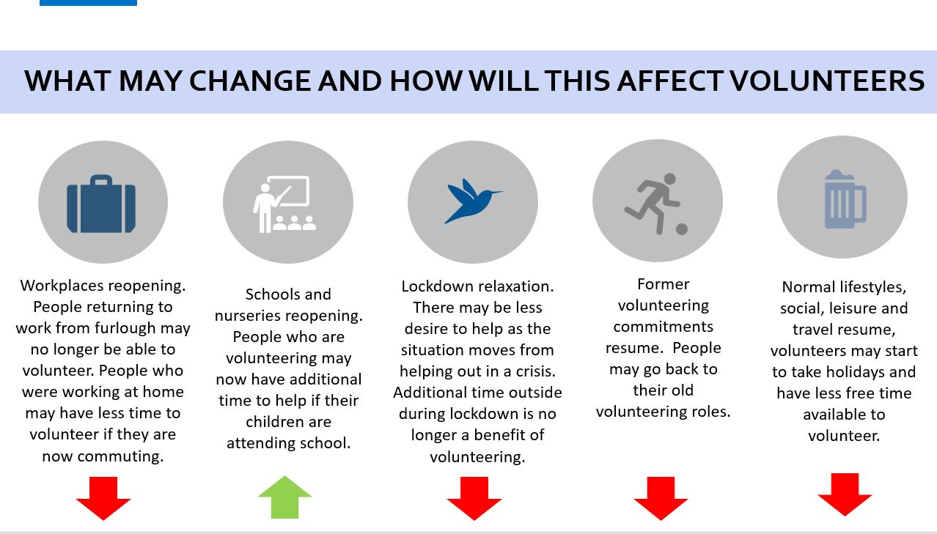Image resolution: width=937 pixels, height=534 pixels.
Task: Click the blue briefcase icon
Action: click(x=101, y=204)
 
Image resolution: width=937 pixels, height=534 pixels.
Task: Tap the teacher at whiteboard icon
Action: click(x=284, y=204)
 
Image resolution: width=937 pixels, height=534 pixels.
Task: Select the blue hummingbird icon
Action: click(x=473, y=201)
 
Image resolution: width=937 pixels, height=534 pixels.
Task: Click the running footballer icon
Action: click(x=656, y=204)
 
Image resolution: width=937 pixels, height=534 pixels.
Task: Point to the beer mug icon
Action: click(x=845, y=199)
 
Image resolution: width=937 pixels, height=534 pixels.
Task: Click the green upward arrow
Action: click(x=285, y=497)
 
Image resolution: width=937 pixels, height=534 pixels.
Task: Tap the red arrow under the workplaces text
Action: click(x=103, y=499)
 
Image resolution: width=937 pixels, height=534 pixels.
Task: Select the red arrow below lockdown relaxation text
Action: click(x=474, y=499)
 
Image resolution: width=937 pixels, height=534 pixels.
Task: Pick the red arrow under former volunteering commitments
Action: click(x=661, y=499)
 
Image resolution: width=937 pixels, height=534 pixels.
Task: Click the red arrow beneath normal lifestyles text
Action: click(x=845, y=494)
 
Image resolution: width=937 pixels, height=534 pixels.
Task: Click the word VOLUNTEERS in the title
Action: click(x=827, y=81)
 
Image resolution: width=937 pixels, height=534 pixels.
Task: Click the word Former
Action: click(x=664, y=284)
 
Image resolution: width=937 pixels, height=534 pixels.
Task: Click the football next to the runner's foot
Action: click(x=682, y=229)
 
